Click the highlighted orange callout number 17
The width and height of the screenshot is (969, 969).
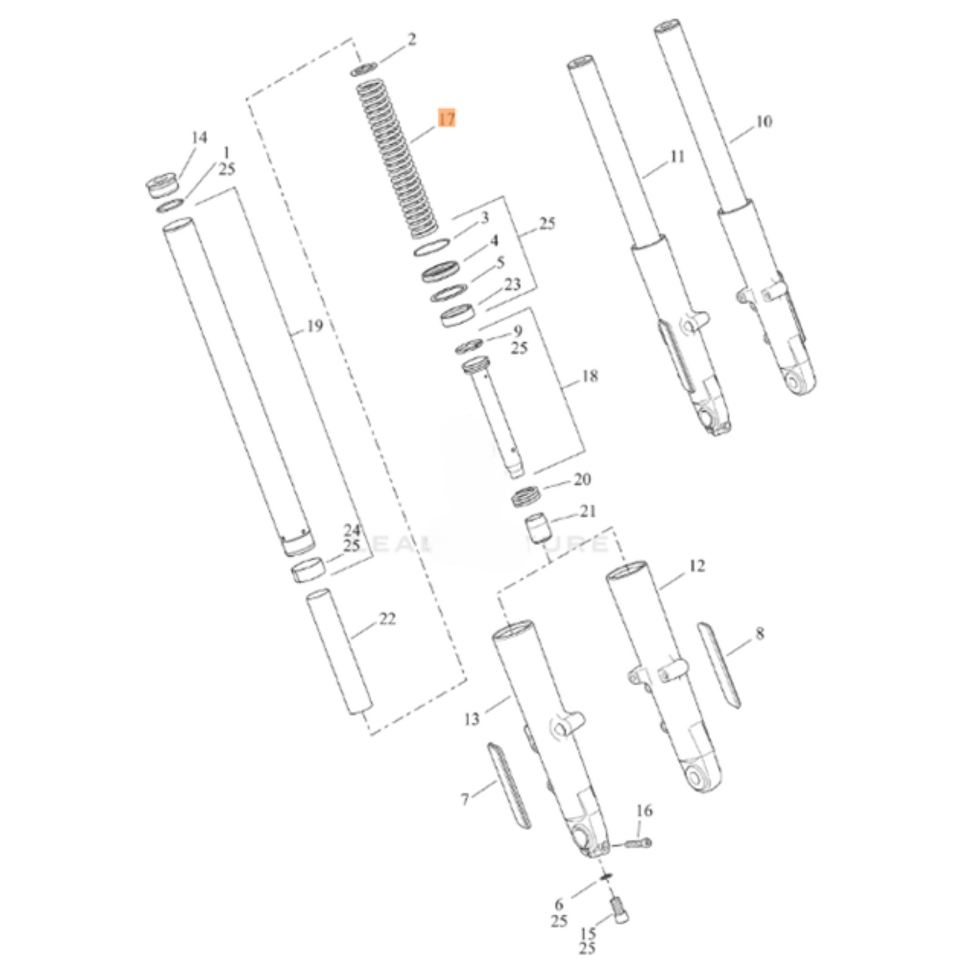(x=447, y=119)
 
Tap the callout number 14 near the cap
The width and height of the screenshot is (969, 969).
(x=199, y=137)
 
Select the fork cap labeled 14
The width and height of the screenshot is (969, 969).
(x=162, y=185)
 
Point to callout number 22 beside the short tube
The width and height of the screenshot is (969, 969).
(x=388, y=618)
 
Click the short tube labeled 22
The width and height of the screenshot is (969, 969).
(x=339, y=652)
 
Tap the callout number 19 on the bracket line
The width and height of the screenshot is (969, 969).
(x=315, y=327)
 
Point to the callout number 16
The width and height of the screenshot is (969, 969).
(x=644, y=811)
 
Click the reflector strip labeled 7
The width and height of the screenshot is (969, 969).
(x=508, y=785)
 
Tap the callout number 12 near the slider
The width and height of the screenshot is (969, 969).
(x=697, y=566)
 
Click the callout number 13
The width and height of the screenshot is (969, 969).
(x=471, y=719)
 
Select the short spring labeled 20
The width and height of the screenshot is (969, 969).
(x=526, y=498)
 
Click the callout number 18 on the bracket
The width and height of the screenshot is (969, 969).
(x=589, y=376)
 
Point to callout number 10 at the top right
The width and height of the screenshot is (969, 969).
(x=764, y=121)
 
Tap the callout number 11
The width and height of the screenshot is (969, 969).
(x=677, y=156)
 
